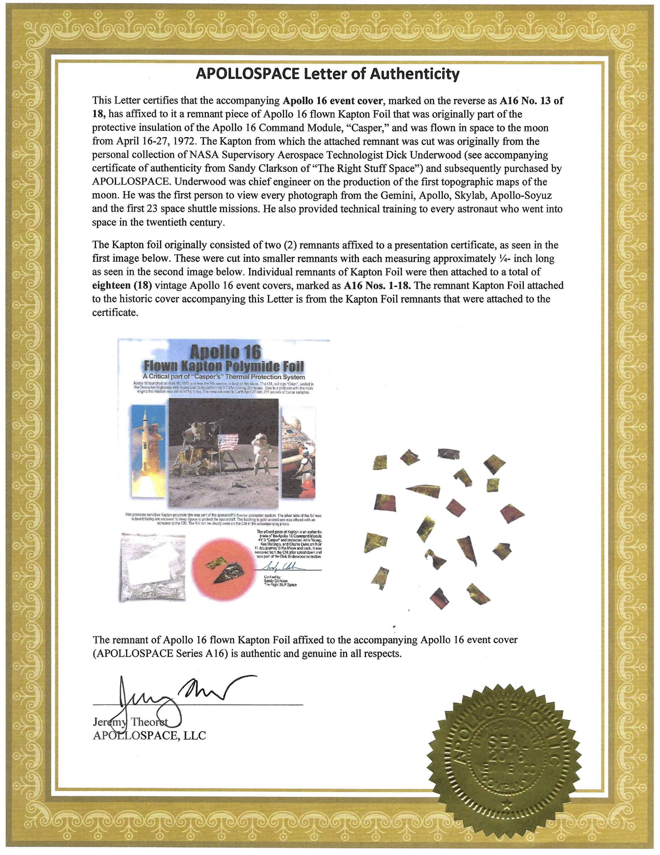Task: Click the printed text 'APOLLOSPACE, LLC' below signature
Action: (149, 736)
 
